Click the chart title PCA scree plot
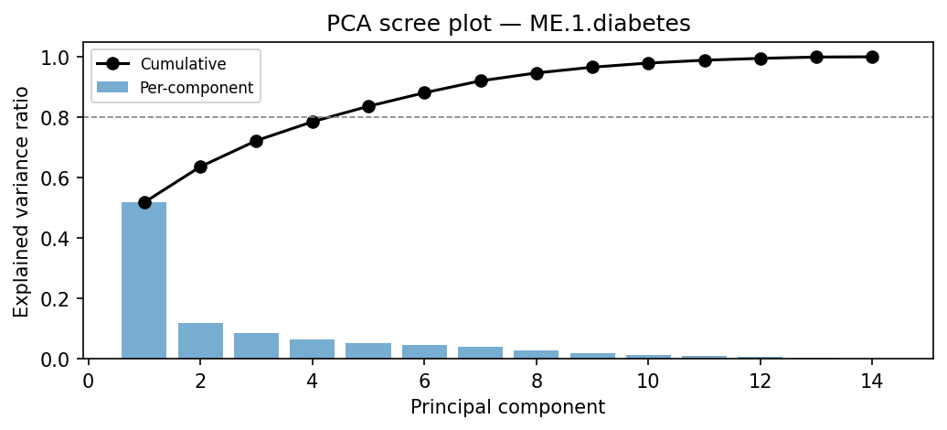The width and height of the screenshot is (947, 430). click(x=507, y=25)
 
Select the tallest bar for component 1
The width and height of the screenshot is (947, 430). click(x=144, y=280)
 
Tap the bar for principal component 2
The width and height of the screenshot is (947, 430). click(x=200, y=340)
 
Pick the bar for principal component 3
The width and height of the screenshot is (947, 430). click(x=256, y=346)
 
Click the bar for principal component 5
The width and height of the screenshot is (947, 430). click(x=368, y=350)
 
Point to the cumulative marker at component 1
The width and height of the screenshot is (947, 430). click(x=144, y=202)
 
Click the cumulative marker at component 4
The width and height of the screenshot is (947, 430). click(x=313, y=122)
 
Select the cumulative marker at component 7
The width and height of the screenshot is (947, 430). click(x=481, y=81)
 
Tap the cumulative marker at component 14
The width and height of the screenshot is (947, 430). click(x=872, y=57)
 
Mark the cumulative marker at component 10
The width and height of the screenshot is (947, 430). click(x=648, y=63)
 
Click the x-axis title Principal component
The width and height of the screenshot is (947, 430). click(x=507, y=407)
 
